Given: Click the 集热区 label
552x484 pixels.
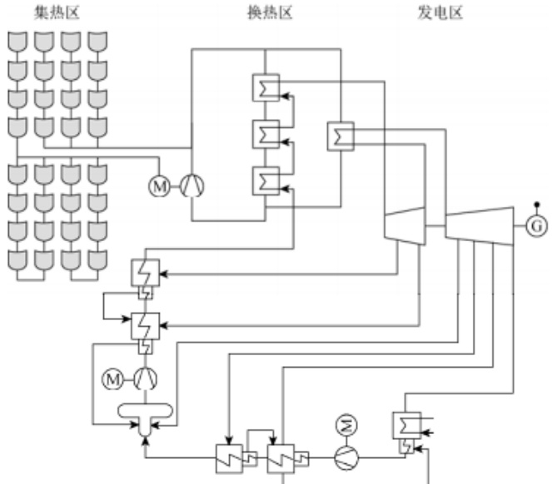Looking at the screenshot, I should (x=57, y=11).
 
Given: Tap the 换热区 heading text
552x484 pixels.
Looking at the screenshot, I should (x=270, y=11).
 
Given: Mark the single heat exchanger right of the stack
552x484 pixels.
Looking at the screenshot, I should (x=341, y=136).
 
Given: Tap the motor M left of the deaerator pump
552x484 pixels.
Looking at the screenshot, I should (x=112, y=379).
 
